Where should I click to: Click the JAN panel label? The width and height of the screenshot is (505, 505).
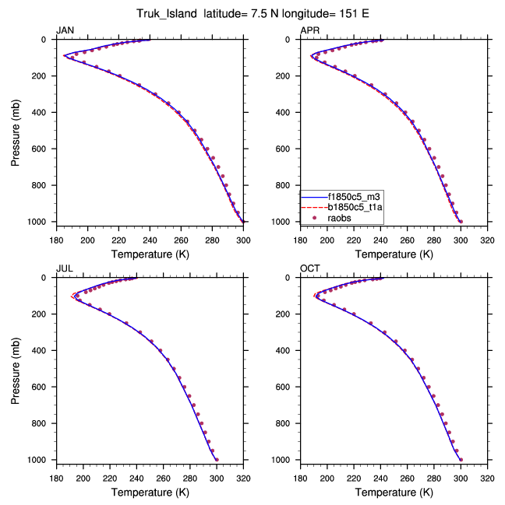[x=65, y=30]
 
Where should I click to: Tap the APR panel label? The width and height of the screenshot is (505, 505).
[x=309, y=30]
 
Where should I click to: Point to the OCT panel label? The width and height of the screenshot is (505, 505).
[x=310, y=269]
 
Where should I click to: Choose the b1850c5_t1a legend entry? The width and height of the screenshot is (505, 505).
[x=347, y=208]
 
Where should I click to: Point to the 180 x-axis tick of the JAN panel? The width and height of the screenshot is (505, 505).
[x=56, y=240]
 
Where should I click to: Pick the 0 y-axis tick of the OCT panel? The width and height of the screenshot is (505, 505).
[x=293, y=278]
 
